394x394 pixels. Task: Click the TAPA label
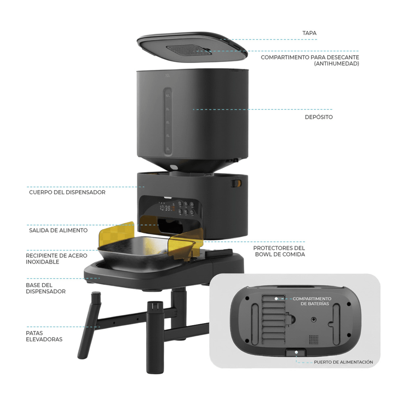tap(309, 33)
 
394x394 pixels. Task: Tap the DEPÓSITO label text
tap(319, 117)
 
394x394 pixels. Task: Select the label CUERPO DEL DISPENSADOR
tap(67, 192)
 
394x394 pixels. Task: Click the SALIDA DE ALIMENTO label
tap(58, 230)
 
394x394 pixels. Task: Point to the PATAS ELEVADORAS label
tap(44, 336)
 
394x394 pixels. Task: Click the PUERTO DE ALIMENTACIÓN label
tap(343, 362)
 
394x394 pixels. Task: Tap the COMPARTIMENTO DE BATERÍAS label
tap(312, 301)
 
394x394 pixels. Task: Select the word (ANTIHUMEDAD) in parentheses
tap(336, 64)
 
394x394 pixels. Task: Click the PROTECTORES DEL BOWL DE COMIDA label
tap(279, 251)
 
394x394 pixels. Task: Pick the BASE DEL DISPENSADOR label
tap(46, 288)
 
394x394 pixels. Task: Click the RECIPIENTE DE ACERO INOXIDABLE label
tap(57, 259)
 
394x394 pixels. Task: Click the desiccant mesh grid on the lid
tap(188, 50)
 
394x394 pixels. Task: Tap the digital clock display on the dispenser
tap(165, 208)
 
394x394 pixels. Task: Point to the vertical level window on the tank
tap(168, 121)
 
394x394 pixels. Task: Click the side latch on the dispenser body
tap(236, 183)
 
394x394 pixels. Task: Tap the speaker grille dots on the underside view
tap(314, 339)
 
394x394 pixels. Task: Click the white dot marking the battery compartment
tap(276, 298)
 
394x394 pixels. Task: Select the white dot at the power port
tap(296, 352)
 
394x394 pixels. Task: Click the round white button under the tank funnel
tap(173, 167)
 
